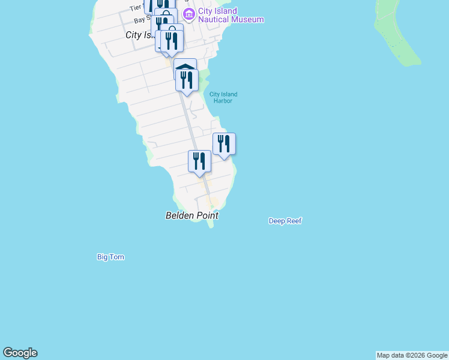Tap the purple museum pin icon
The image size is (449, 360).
click(189, 14)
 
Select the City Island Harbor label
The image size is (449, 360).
click(223, 97)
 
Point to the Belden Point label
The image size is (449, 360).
click(192, 215)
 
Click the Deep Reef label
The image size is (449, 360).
click(285, 221)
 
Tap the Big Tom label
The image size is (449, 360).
click(110, 257)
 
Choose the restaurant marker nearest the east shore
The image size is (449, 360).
click(224, 144)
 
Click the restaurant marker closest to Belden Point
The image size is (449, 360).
click(199, 161)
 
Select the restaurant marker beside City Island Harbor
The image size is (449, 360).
click(187, 80)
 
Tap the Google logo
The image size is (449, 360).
click(20, 353)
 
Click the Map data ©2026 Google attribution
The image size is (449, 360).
click(412, 355)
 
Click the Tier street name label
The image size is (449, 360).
click(135, 8)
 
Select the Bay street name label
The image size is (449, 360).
click(140, 20)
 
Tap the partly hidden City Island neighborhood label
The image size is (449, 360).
click(140, 35)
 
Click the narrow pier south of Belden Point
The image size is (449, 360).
click(210, 224)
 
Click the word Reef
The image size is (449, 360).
click(294, 221)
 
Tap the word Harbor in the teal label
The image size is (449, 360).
click(223, 101)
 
